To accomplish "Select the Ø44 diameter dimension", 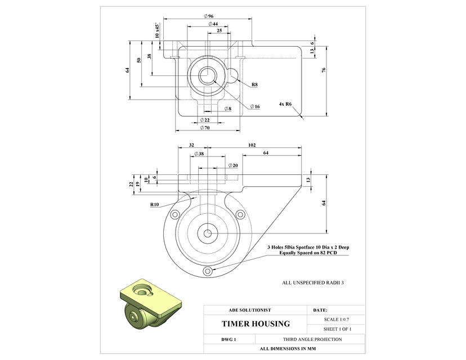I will click(213, 24).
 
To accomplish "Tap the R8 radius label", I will click(254, 84).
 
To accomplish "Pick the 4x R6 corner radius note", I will click(285, 104).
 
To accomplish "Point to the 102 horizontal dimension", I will click(252, 145).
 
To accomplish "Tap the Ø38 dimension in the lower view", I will click(199, 154).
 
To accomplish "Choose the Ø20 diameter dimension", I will click(233, 165).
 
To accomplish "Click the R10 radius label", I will click(155, 205).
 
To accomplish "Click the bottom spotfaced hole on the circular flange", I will click(208, 271).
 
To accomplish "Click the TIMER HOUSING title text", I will click(256, 323).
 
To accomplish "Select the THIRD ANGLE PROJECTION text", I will click(311, 339).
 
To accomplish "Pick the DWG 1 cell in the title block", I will click(228, 339).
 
